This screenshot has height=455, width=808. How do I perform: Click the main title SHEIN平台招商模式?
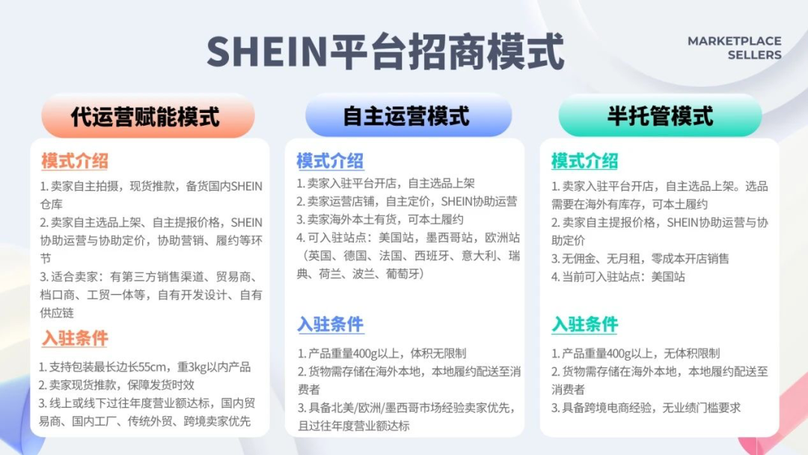[x=385, y=51]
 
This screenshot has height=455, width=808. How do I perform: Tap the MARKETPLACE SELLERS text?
[x=734, y=48]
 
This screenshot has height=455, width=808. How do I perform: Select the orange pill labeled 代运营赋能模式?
[x=147, y=117]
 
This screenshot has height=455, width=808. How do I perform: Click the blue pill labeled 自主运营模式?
[x=406, y=117]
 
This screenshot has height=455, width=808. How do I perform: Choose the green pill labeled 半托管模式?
[x=660, y=117]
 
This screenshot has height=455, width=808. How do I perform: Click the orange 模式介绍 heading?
[x=75, y=160]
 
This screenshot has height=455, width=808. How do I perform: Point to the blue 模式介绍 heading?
[x=330, y=160]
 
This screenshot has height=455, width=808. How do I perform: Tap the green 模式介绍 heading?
[x=584, y=160]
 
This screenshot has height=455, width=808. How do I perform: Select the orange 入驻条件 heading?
[x=75, y=338]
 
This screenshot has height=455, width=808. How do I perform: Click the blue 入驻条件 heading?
[x=330, y=324]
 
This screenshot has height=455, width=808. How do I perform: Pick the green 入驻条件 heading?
[x=584, y=324]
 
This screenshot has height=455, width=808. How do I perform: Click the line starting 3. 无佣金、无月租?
[x=640, y=258]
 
